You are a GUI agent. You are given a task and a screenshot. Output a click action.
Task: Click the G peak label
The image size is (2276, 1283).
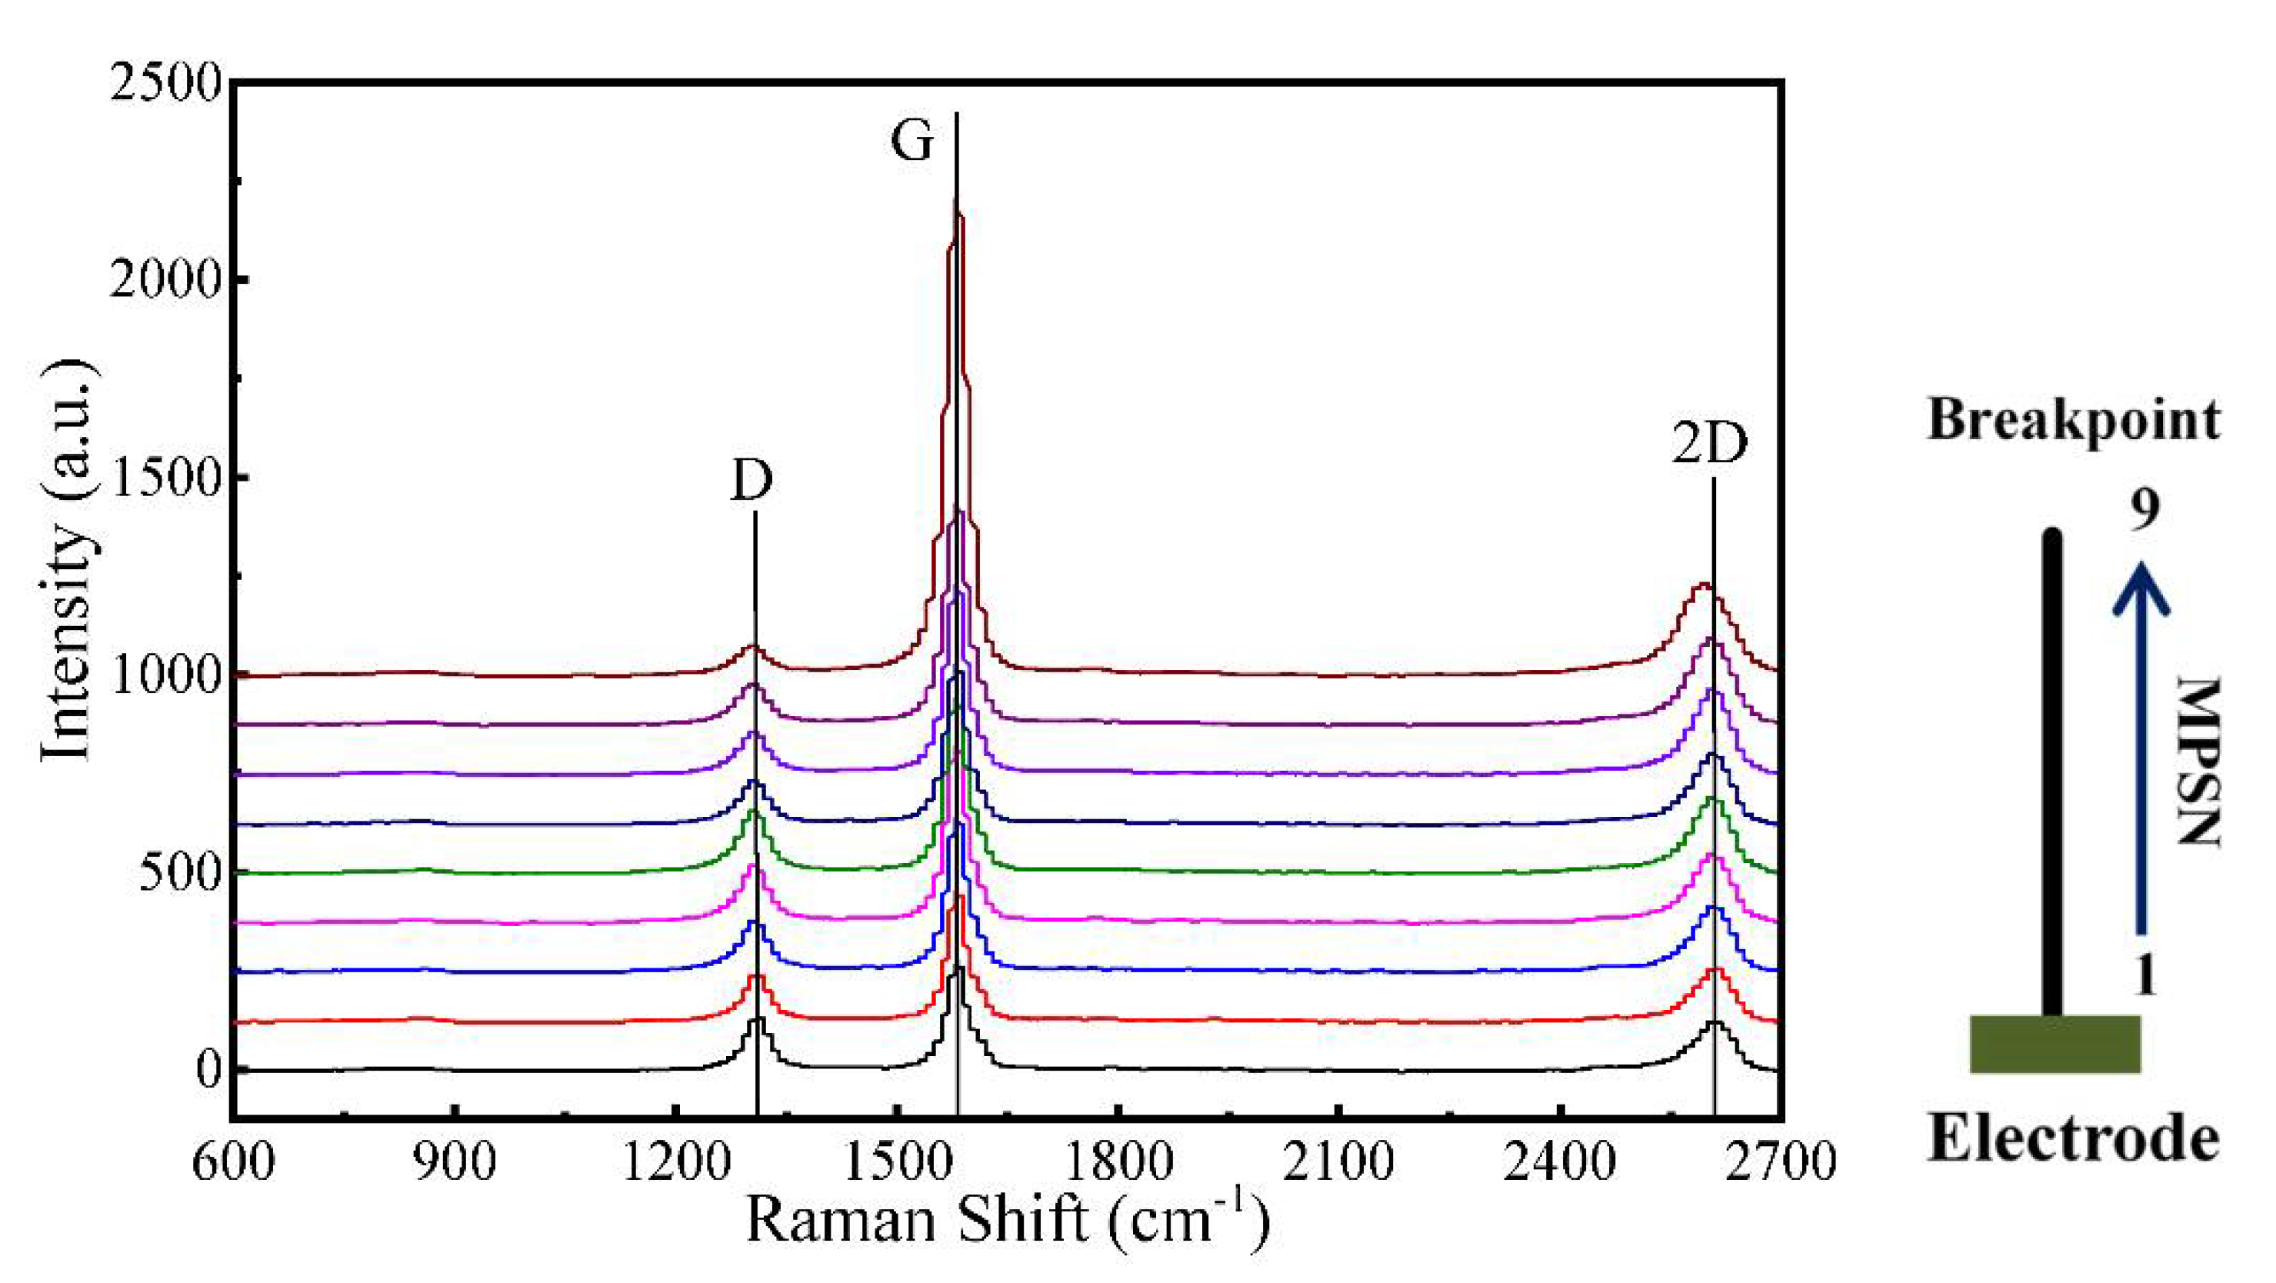pyautogui.click(x=911, y=142)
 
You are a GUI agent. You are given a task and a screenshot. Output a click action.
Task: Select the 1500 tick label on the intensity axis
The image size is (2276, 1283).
pyautogui.click(x=165, y=478)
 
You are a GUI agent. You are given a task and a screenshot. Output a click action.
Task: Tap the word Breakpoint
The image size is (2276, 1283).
pyautogui.click(x=2073, y=421)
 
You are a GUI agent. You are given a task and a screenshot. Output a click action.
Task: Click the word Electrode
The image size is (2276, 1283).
pyautogui.click(x=2073, y=1138)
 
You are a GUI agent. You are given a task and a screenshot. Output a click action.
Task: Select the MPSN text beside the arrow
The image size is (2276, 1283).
pyautogui.click(x=2198, y=761)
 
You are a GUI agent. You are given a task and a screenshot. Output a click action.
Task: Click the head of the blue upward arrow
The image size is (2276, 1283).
pyautogui.click(x=2141, y=590)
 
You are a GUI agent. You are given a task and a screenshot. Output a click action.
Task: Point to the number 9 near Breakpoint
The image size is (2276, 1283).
pyautogui.click(x=2144, y=510)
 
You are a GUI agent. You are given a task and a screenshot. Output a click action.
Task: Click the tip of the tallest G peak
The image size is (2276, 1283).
pyautogui.click(x=956, y=198)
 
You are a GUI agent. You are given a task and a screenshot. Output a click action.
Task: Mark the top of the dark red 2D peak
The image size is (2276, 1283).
pyautogui.click(x=1701, y=584)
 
